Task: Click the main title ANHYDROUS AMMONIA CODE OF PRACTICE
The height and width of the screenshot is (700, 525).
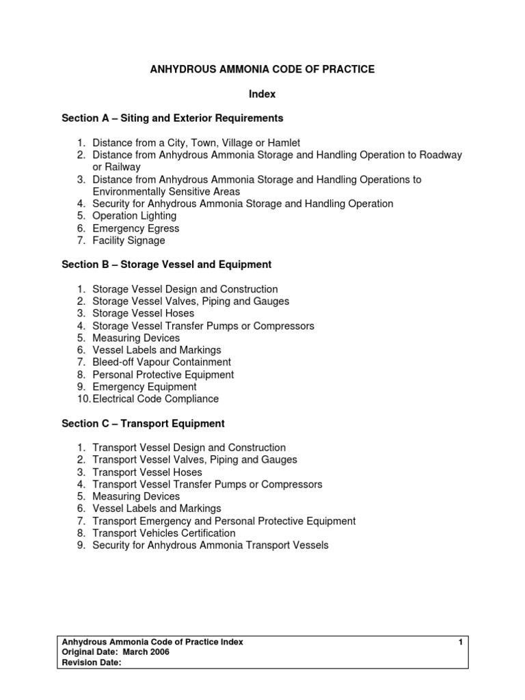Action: click(262, 70)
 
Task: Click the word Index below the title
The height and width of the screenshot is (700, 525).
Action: click(262, 94)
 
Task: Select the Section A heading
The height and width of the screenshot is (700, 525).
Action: click(172, 118)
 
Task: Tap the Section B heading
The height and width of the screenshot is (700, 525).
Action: click(167, 265)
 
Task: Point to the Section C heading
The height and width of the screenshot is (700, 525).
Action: click(143, 424)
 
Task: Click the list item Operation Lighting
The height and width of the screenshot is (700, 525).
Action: click(135, 216)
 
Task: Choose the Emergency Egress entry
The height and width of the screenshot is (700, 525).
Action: click(136, 228)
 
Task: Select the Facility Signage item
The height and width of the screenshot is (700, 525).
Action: click(129, 241)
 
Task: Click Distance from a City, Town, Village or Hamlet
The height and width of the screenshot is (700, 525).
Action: click(196, 143)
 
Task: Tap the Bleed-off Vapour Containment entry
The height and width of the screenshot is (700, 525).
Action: click(162, 362)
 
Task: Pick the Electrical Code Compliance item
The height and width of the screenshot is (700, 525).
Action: click(156, 399)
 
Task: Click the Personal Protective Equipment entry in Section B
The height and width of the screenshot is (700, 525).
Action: click(163, 375)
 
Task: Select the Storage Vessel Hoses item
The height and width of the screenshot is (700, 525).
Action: click(144, 314)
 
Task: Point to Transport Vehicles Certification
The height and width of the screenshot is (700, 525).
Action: click(164, 533)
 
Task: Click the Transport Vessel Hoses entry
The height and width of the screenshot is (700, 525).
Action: click(148, 472)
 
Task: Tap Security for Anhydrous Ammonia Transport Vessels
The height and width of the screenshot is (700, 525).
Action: click(211, 546)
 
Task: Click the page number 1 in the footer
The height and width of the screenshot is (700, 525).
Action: click(461, 642)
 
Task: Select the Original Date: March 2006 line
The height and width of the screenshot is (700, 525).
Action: click(116, 652)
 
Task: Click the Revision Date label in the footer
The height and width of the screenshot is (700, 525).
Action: click(92, 662)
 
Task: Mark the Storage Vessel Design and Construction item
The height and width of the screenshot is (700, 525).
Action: click(185, 289)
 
